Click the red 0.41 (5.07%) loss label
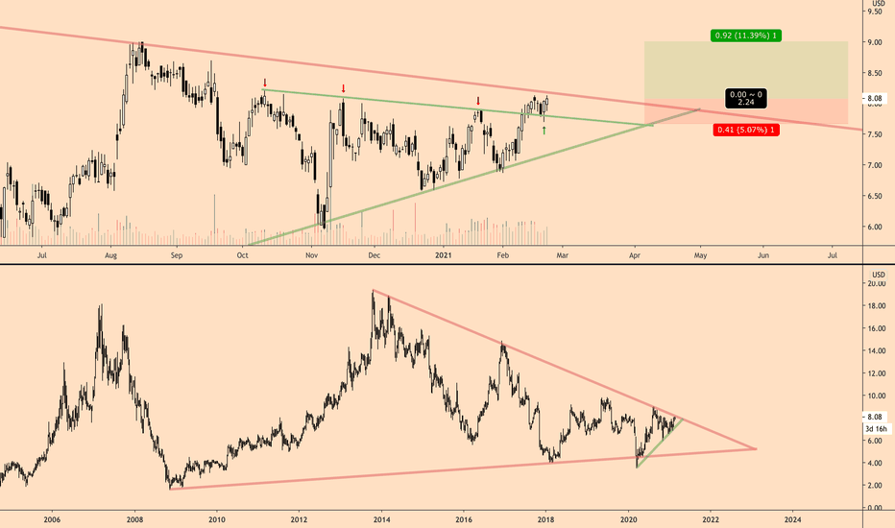(746, 130)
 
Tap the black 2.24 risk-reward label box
(746, 99)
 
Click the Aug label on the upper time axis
(111, 256)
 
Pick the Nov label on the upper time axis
(311, 256)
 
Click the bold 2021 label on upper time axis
(442, 256)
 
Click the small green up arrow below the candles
(544, 130)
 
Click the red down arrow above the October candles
(265, 84)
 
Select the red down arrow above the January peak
(478, 100)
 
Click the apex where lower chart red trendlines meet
(757, 448)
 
